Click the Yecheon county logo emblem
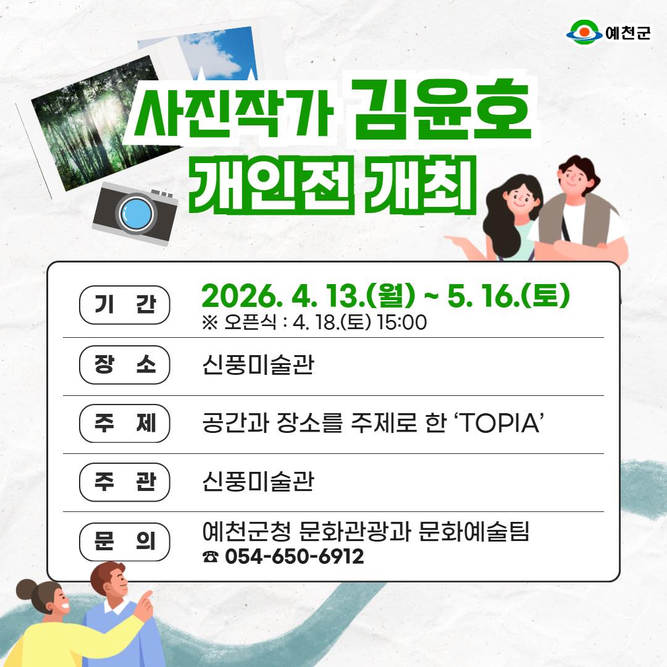click(584, 32)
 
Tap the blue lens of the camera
click(136, 214)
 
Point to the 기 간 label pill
click(125, 305)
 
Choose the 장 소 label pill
click(125, 364)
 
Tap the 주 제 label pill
click(125, 423)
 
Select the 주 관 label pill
click(125, 482)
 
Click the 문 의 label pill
click(125, 542)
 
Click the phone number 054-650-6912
click(295, 556)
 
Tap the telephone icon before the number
click(210, 556)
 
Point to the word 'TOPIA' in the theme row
click(499, 423)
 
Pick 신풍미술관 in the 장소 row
click(258, 364)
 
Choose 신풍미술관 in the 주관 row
click(258, 482)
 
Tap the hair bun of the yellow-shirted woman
click(26, 590)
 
